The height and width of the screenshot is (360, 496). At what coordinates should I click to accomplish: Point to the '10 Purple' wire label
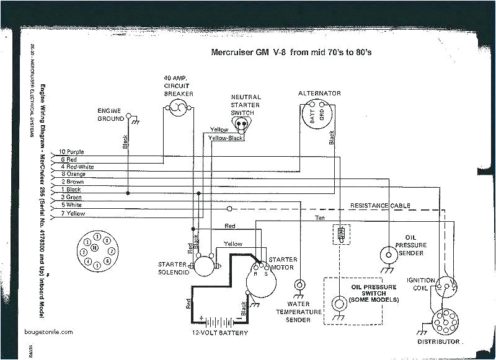pyautogui.click(x=73, y=152)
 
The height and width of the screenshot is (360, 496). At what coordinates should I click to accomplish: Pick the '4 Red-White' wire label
pyautogui.click(x=77, y=167)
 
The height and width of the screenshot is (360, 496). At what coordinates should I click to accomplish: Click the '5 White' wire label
pyautogui.click(x=72, y=205)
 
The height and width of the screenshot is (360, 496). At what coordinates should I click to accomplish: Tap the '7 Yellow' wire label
pyautogui.click(x=73, y=214)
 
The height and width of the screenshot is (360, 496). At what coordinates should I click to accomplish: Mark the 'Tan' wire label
pyautogui.click(x=320, y=217)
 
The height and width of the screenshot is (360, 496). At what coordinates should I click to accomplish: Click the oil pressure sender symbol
pyautogui.click(x=387, y=253)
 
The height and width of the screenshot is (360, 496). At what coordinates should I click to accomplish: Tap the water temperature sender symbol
pyautogui.click(x=300, y=285)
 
